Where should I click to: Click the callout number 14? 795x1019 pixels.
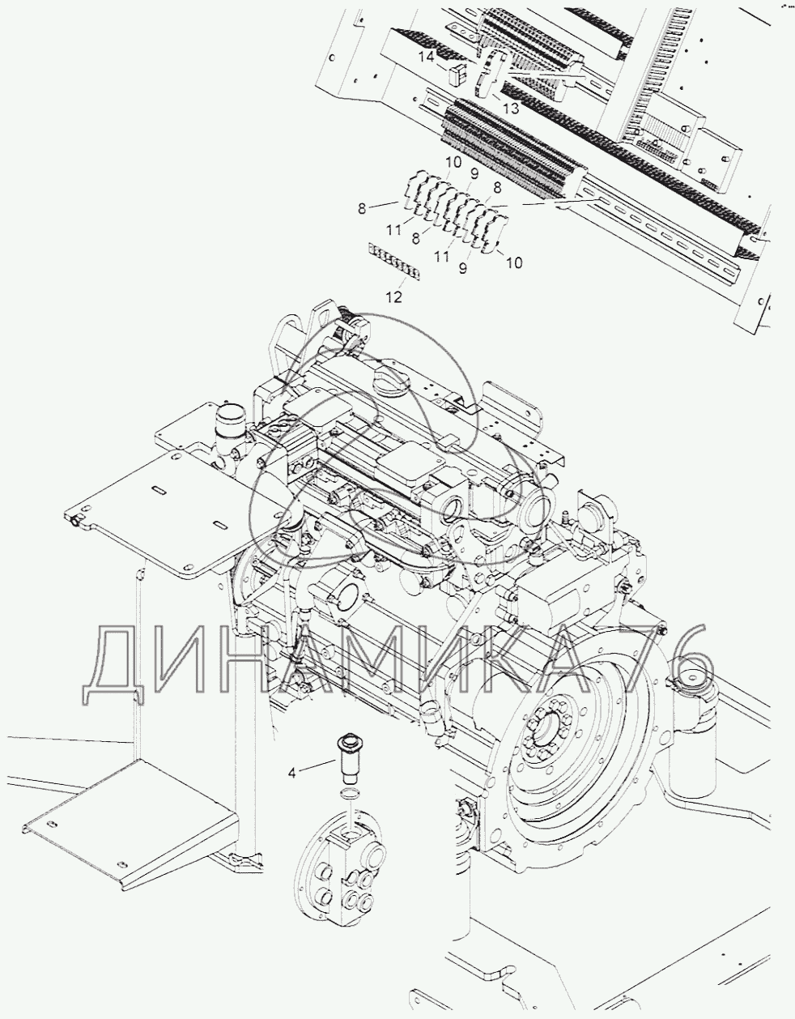[x=427, y=57]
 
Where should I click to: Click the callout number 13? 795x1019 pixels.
[x=511, y=108]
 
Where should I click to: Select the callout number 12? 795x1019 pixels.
[x=393, y=296]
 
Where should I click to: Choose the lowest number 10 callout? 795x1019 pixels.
[x=516, y=262]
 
